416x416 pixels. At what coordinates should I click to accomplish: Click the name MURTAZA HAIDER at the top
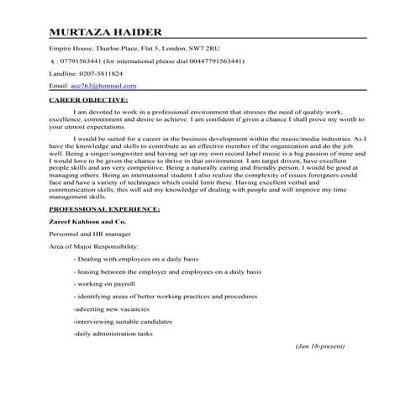105,32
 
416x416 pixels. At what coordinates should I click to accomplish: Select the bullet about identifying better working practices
165,297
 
